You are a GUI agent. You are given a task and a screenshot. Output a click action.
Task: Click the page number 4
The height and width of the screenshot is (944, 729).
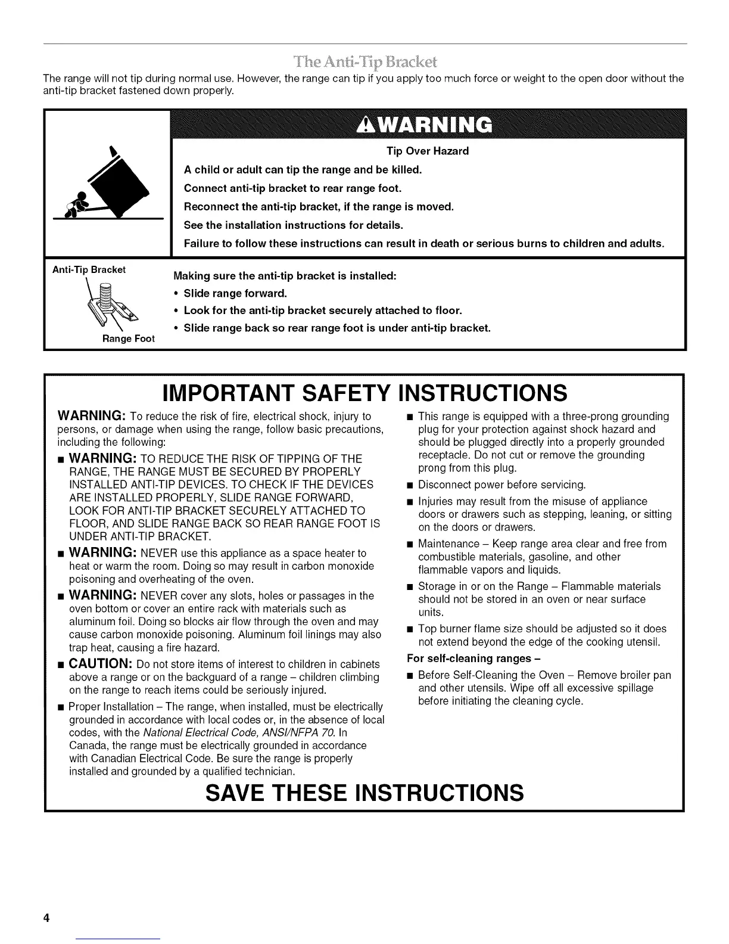(x=45, y=918)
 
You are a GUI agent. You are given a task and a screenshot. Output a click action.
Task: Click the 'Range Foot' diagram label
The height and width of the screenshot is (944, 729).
(x=129, y=339)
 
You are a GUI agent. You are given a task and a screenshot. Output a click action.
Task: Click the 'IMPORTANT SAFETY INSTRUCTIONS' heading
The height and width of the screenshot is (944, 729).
(x=364, y=393)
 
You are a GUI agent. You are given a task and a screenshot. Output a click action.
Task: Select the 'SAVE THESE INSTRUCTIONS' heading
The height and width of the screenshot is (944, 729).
(x=364, y=793)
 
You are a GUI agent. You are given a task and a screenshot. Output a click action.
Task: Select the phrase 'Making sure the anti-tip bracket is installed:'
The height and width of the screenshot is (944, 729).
(x=284, y=277)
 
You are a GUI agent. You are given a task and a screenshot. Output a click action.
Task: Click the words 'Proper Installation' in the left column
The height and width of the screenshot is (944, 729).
(x=111, y=707)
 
